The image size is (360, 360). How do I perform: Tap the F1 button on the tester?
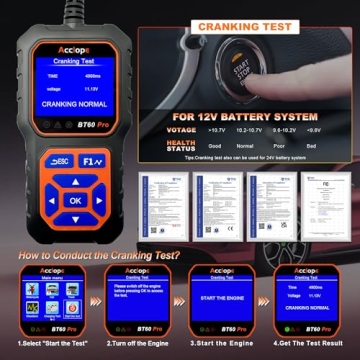pyautogui.click(x=93, y=160)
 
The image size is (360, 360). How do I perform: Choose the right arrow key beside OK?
pyautogui.click(x=98, y=200)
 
